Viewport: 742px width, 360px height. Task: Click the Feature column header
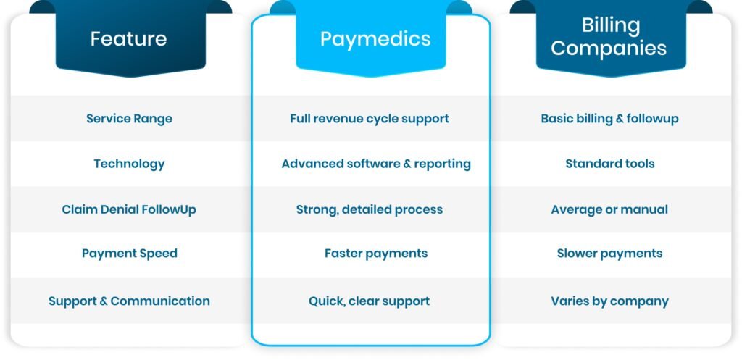pos(128,38)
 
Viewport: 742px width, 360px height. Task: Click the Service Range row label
pos(129,118)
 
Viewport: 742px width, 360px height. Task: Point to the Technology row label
pos(129,164)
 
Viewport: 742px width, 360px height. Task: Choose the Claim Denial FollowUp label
pos(129,209)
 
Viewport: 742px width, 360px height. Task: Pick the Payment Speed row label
pos(129,253)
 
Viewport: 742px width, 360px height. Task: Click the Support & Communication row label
pos(129,301)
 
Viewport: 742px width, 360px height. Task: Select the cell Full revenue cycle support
pos(370,118)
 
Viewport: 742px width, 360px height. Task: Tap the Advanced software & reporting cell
pos(376,164)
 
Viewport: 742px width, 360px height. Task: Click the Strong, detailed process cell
pos(370,209)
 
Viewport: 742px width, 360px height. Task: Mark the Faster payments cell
pos(376,253)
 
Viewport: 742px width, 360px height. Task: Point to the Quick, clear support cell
pos(370,301)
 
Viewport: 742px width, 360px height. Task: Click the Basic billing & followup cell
pos(609,118)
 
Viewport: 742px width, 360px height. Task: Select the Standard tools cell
pos(609,164)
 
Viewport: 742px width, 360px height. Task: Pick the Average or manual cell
pos(609,209)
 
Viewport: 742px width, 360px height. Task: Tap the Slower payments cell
pos(609,253)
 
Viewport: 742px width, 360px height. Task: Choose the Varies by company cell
pos(609,301)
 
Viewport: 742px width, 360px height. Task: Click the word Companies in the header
pos(609,49)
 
